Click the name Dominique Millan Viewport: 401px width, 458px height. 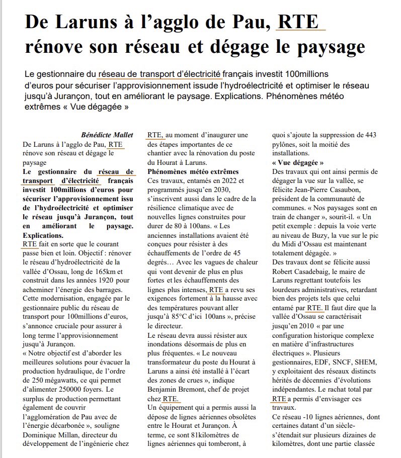(x=47, y=435)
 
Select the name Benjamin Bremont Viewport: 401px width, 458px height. (x=177, y=390)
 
